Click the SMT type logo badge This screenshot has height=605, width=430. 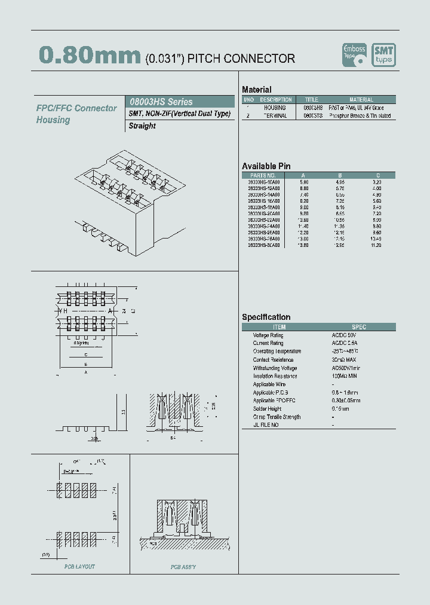point(383,54)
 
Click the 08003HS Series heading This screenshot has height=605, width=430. point(162,102)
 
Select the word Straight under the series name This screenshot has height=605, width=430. point(142,126)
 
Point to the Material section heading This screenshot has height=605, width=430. point(257,90)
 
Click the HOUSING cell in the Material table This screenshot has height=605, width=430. point(275,108)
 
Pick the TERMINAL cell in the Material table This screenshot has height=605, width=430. point(275,116)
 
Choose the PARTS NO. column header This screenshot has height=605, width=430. point(263,175)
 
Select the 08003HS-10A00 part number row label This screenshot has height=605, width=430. point(263,181)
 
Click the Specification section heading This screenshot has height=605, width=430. point(266,317)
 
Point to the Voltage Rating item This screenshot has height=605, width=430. point(268,335)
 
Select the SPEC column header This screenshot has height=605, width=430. point(359,327)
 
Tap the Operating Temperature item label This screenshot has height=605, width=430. point(277,352)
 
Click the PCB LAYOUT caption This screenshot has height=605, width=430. point(80,566)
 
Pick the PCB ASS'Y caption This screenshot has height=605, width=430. point(183,567)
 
